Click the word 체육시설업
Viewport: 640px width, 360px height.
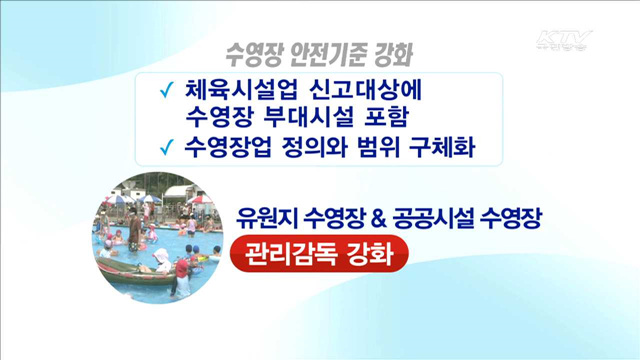click(237, 88)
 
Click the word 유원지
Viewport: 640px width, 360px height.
click(263, 217)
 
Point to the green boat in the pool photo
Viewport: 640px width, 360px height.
click(131, 265)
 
